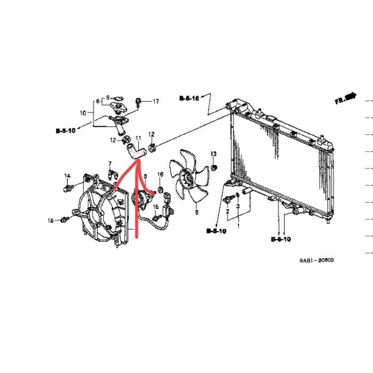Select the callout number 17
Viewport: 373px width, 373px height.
[x=156, y=101]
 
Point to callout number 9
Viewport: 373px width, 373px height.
[x=107, y=98]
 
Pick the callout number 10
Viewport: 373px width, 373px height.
[x=83, y=113]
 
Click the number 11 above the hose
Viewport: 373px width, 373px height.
[x=138, y=137]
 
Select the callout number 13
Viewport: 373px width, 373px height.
[x=214, y=154]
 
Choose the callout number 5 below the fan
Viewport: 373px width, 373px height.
[x=196, y=212]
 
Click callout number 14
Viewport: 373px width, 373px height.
[x=68, y=176]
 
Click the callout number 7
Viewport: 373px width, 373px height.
[x=110, y=163]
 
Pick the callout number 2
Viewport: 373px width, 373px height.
[x=228, y=211]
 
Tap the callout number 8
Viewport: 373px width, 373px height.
[x=98, y=101]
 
